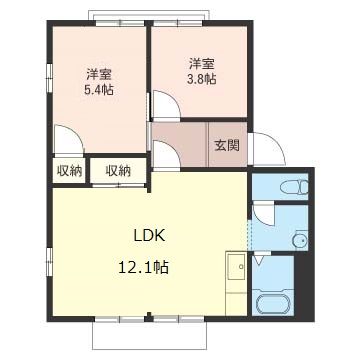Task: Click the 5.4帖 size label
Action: click(97, 90)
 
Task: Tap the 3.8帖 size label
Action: click(201, 80)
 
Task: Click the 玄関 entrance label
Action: click(226, 144)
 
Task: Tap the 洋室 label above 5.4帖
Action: click(97, 73)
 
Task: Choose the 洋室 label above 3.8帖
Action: click(201, 62)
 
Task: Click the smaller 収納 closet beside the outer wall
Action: click(69, 170)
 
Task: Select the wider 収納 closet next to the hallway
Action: click(118, 170)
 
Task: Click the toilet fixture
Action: click(294, 186)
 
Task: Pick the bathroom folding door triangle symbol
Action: click(258, 260)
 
